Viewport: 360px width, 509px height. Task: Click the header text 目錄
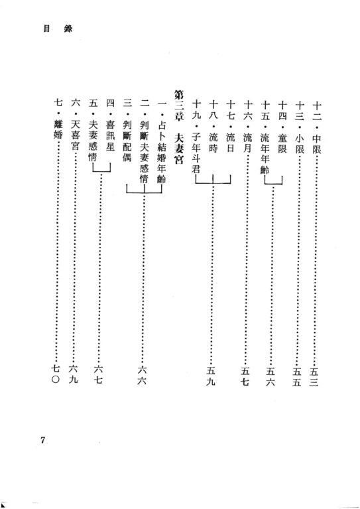[x=58, y=29]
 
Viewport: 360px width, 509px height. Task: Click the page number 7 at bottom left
[x=42, y=441]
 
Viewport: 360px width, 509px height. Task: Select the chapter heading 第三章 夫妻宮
[x=178, y=127]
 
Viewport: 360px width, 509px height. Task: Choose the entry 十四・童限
[x=282, y=127]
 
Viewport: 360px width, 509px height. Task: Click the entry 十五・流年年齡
[x=265, y=137]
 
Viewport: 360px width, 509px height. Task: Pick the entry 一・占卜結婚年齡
[x=161, y=142]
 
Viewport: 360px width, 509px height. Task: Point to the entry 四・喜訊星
[x=110, y=126]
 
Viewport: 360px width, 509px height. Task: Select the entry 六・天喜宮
[x=75, y=126]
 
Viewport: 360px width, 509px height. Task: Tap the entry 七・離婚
[x=58, y=120]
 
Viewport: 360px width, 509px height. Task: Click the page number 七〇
[x=56, y=374]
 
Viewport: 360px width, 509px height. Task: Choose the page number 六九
[x=74, y=374]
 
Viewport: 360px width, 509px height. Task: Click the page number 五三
[x=314, y=376]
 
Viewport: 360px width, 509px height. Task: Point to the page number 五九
[x=211, y=376]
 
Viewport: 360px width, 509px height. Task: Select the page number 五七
[x=245, y=376]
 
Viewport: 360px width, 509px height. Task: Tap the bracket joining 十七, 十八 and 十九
[x=213, y=184]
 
